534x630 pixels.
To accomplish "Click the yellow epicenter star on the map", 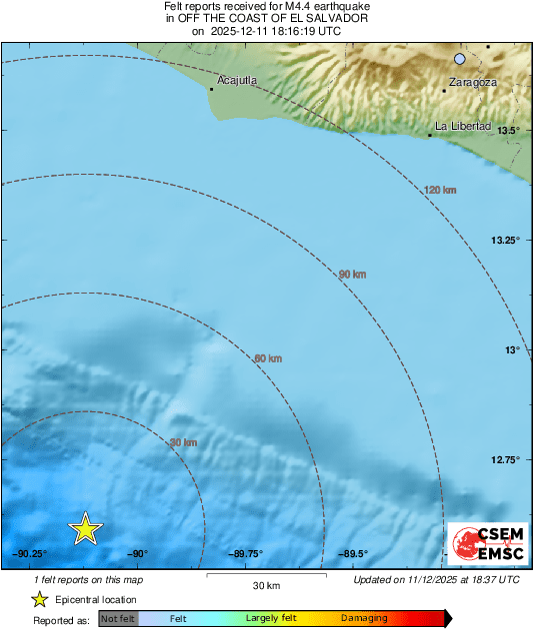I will click(86, 529).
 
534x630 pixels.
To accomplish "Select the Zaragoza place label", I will click(472, 81).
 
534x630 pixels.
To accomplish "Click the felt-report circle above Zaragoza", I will click(460, 59).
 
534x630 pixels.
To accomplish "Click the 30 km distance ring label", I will click(183, 442).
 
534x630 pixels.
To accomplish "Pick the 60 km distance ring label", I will click(268, 358).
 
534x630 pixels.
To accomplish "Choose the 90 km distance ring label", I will click(351, 274).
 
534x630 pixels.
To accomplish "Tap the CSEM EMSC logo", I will click(484, 541).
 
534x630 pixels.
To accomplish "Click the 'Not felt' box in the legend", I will click(118, 619).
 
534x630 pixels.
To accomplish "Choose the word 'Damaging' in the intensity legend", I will click(364, 619).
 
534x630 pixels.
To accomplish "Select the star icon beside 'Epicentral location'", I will click(39, 599).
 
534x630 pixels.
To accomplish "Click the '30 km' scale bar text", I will click(265, 585).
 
